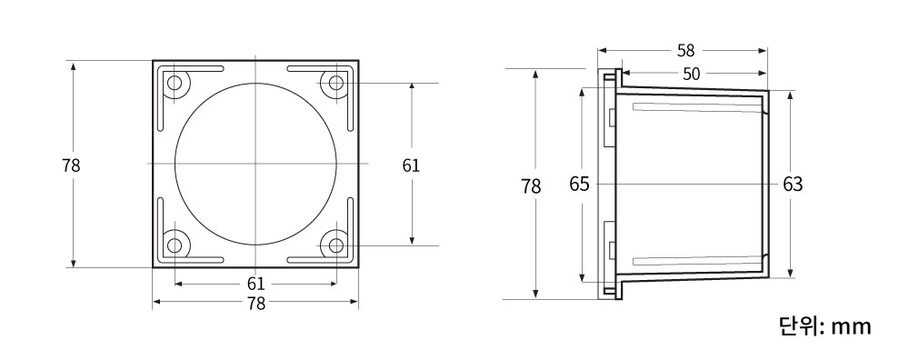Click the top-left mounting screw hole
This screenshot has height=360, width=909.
click(x=175, y=83)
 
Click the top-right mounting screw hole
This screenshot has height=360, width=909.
click(x=336, y=83)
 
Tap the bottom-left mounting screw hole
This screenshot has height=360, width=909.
click(x=175, y=245)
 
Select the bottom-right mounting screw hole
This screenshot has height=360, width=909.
click(x=336, y=245)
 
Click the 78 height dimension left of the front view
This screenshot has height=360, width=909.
click(x=71, y=165)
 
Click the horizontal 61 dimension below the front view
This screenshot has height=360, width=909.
click(x=255, y=284)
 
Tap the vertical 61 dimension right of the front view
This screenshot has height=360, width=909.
click(x=411, y=165)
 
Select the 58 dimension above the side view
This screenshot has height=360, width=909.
click(x=685, y=51)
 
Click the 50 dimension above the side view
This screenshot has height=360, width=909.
click(x=691, y=74)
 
